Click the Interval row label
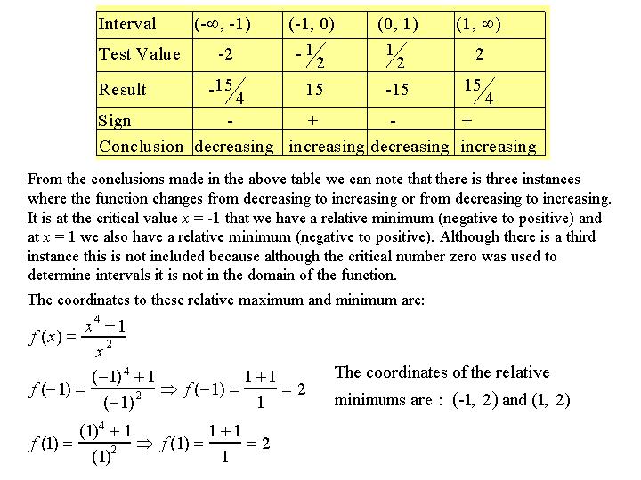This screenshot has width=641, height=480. [x=127, y=24]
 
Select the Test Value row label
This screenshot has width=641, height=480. [x=140, y=54]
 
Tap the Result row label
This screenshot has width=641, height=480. [x=123, y=90]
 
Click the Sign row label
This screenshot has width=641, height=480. [x=115, y=121]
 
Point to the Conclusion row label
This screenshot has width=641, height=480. [x=143, y=146]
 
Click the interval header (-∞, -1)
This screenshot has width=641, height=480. [x=223, y=24]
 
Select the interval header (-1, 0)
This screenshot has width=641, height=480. [x=311, y=24]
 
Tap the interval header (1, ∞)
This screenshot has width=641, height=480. [x=478, y=24]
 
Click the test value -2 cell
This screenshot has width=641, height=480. [x=225, y=54]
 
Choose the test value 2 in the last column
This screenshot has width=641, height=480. [x=480, y=54]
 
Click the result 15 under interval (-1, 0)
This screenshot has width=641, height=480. [x=314, y=90]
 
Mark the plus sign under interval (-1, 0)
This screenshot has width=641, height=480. [x=312, y=121]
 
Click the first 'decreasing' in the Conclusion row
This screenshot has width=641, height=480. [x=234, y=146]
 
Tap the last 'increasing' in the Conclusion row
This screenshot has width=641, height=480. [x=498, y=146]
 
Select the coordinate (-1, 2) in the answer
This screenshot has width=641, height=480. [x=475, y=400]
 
